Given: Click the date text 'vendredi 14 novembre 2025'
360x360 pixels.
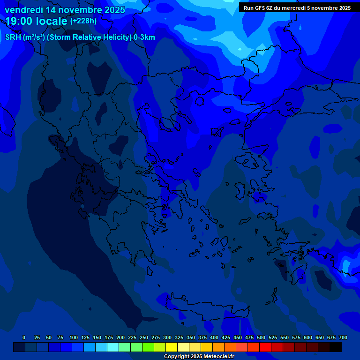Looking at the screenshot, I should click(65, 10).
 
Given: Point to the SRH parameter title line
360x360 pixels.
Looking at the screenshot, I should click(80, 37).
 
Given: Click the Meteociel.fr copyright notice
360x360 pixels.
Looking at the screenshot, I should click(199, 357).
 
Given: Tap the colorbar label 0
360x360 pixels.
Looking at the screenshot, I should click(24, 337).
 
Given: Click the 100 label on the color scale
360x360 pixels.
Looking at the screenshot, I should click(74, 337).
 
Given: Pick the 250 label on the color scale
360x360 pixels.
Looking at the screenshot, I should click(144, 337).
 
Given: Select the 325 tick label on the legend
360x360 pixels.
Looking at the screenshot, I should click(179, 337).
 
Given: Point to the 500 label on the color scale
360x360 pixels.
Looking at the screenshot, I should click(261, 337).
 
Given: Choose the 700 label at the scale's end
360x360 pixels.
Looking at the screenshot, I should click(343, 337).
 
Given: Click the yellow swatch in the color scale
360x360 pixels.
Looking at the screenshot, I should click(172, 347).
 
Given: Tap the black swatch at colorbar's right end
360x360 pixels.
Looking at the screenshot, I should click(336, 347).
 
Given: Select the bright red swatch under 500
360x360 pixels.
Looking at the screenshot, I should click(265, 347).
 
